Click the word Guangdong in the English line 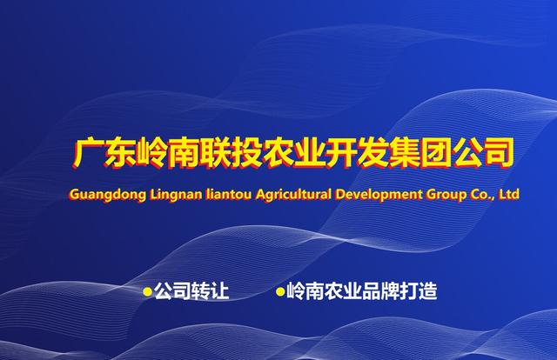108,195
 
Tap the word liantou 229,194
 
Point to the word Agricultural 293,195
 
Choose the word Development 379,195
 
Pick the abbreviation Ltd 509,194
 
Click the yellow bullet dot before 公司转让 147,292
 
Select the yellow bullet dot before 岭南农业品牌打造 280,292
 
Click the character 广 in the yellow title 87,153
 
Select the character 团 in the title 434,153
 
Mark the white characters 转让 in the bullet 210,291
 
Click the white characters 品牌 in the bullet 380,291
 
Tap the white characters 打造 419,291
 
